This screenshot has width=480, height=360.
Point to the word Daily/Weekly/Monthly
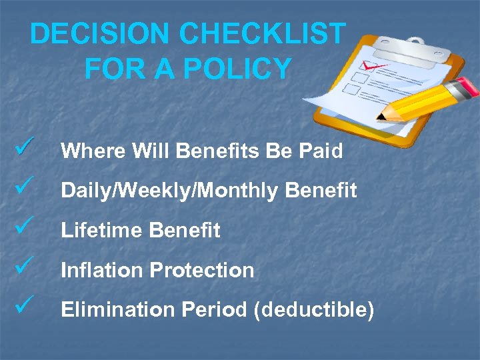click(x=169, y=191)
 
